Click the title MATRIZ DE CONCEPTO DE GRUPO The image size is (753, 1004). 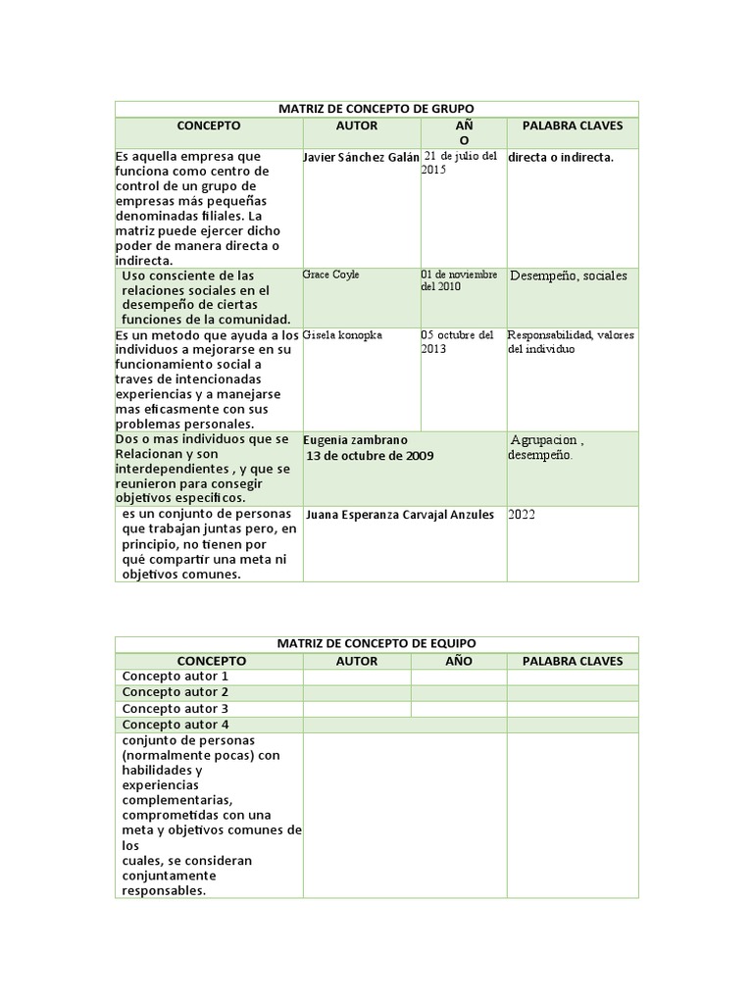376,109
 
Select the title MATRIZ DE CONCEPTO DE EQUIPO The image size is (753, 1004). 376,643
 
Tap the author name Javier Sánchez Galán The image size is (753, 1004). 362,158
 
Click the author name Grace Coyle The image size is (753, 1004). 331,275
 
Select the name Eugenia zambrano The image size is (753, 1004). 355,440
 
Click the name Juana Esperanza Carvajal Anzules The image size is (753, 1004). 400,515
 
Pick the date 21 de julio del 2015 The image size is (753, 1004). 460,163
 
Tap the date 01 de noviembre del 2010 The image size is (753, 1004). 459,280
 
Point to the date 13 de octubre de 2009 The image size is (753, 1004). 370,456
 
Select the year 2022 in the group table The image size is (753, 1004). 523,514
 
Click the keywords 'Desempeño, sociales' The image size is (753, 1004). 568,276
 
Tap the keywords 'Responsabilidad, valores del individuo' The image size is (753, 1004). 571,341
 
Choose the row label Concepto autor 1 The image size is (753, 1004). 175,677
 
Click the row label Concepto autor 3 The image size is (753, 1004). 175,708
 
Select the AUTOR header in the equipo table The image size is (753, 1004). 357,661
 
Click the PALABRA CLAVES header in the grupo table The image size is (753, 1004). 572,126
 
